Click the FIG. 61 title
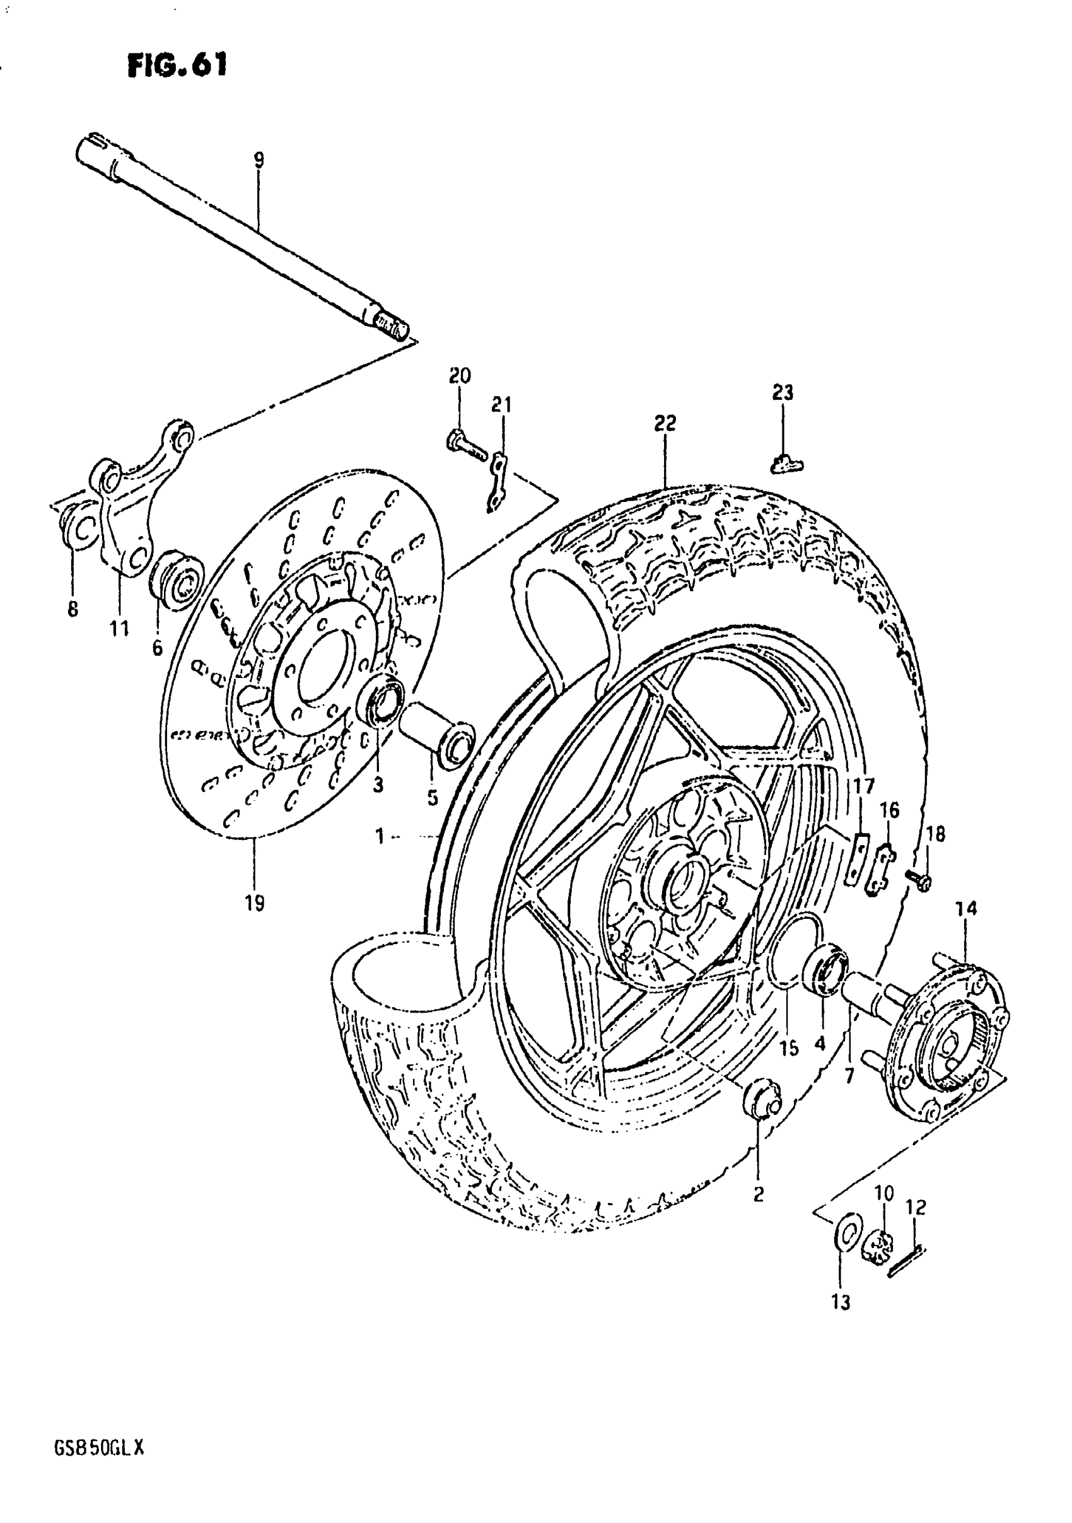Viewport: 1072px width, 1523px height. click(x=177, y=66)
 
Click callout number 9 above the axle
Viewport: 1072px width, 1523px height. click(x=259, y=159)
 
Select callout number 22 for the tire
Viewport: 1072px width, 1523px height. click(x=665, y=423)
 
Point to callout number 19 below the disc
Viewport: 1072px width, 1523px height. click(x=255, y=903)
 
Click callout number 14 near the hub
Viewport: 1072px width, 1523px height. click(x=967, y=908)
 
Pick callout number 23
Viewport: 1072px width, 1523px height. click(x=783, y=393)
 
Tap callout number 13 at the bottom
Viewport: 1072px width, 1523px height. click(x=841, y=1303)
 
